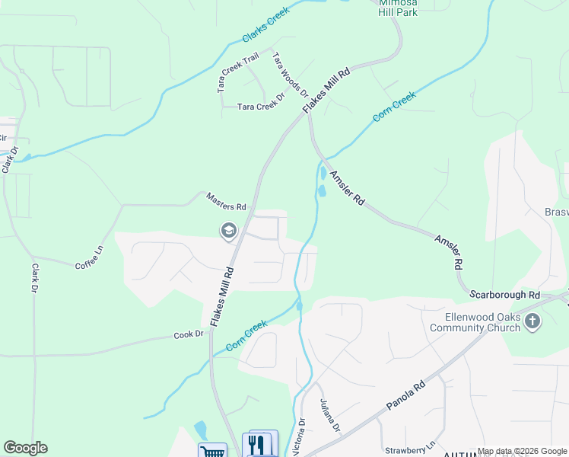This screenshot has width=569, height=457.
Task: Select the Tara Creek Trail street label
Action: pos(238,72)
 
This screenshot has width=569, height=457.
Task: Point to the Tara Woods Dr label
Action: pos(290,75)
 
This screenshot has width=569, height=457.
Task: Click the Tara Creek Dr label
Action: pos(260,107)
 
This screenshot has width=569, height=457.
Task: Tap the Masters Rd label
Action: pos(227,202)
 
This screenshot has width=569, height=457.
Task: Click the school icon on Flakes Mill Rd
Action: pos(228,230)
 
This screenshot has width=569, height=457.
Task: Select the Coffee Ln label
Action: pos(88,255)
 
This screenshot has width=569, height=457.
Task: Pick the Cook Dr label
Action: pos(189,334)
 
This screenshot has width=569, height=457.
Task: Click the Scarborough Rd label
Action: pos(504,294)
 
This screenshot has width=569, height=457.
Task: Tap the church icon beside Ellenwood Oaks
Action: pos(532,321)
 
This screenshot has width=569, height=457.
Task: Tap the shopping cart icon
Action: pos(211,451)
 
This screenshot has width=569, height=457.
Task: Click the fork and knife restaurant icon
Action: pos(259,444)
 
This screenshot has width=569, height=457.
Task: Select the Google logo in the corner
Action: pos(25,448)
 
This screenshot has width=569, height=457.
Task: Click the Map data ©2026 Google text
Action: pos(522,452)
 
